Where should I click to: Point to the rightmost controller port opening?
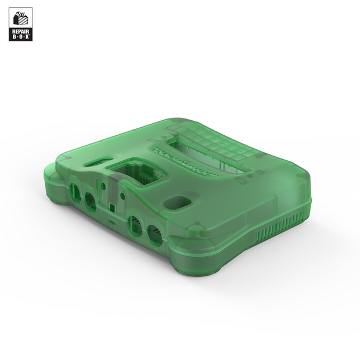(x=153, y=235)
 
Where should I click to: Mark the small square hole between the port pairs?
(x=111, y=206)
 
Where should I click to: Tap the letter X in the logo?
(x=28, y=38)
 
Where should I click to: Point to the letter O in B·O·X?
(x=20, y=38)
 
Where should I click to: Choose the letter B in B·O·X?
(x=13, y=38)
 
